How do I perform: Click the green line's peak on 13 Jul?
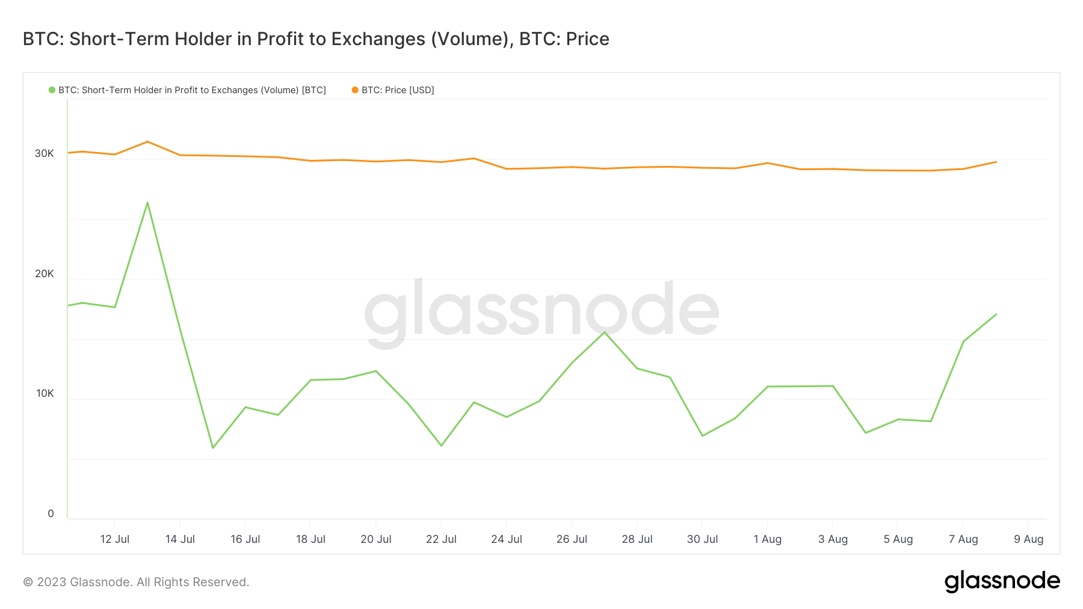point(147,203)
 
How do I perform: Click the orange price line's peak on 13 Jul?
point(147,142)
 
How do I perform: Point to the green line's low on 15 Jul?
point(213,448)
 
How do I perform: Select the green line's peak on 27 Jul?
point(605,332)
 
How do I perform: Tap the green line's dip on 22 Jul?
point(442,445)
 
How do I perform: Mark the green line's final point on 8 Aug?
point(996,314)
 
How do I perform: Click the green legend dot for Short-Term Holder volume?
point(52,90)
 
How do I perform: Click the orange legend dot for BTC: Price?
point(355,90)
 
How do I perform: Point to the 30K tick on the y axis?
point(45,154)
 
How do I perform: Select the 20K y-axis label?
point(45,274)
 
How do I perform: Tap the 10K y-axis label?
point(45,394)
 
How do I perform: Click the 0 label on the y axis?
point(51,514)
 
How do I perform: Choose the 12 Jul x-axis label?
point(114,539)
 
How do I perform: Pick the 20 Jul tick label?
point(375,539)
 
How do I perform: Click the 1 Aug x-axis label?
point(767,539)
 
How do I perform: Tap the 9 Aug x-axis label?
point(1028,539)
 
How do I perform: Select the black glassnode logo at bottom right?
point(1002,581)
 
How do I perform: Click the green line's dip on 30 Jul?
point(703,436)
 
